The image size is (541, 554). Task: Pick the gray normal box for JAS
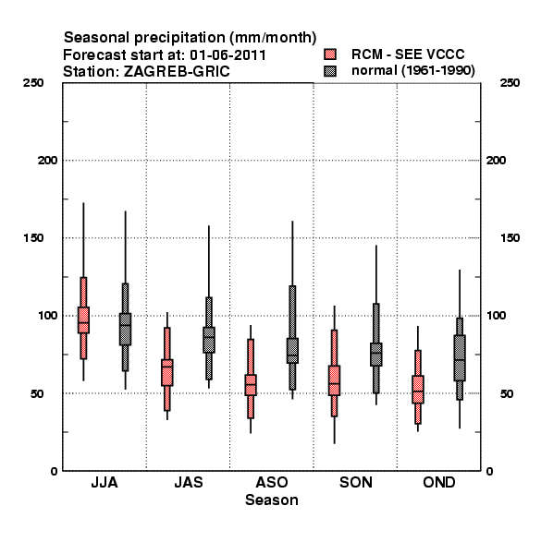(209, 340)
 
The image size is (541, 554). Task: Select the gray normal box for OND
(460, 357)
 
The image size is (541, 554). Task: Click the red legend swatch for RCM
(330, 54)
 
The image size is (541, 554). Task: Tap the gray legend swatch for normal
(330, 71)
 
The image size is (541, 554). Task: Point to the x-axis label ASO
(272, 482)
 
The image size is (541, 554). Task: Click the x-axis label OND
(439, 482)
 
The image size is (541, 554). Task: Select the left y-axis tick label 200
(47, 161)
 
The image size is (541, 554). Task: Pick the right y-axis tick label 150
(510, 238)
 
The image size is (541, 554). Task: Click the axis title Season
(272, 500)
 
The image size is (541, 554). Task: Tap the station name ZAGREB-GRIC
(177, 72)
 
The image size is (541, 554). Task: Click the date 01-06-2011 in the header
(227, 55)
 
